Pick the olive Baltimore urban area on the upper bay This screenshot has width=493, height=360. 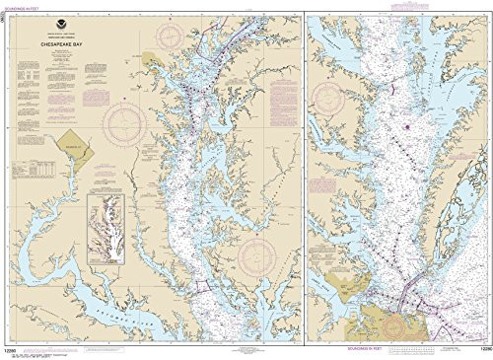152,61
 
